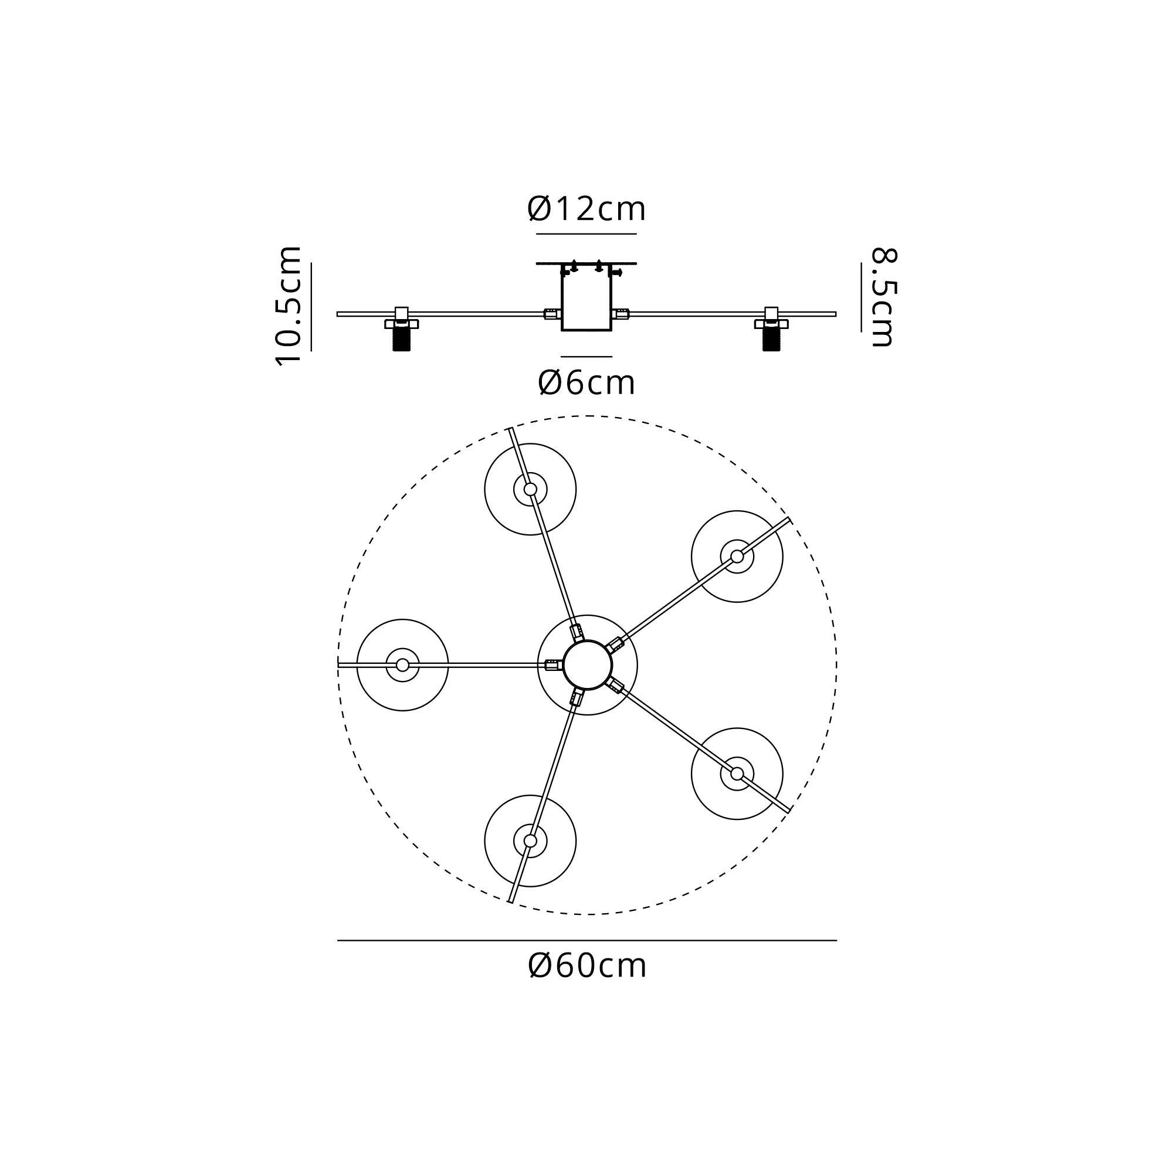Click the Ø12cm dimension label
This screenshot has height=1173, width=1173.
[586, 209]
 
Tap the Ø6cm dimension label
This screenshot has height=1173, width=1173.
[586, 382]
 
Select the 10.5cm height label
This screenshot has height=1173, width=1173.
[289, 306]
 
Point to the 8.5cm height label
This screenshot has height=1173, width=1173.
[883, 297]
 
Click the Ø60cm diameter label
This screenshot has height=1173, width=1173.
[587, 965]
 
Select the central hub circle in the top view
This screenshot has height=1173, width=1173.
[587, 665]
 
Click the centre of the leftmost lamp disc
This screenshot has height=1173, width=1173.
[402, 665]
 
